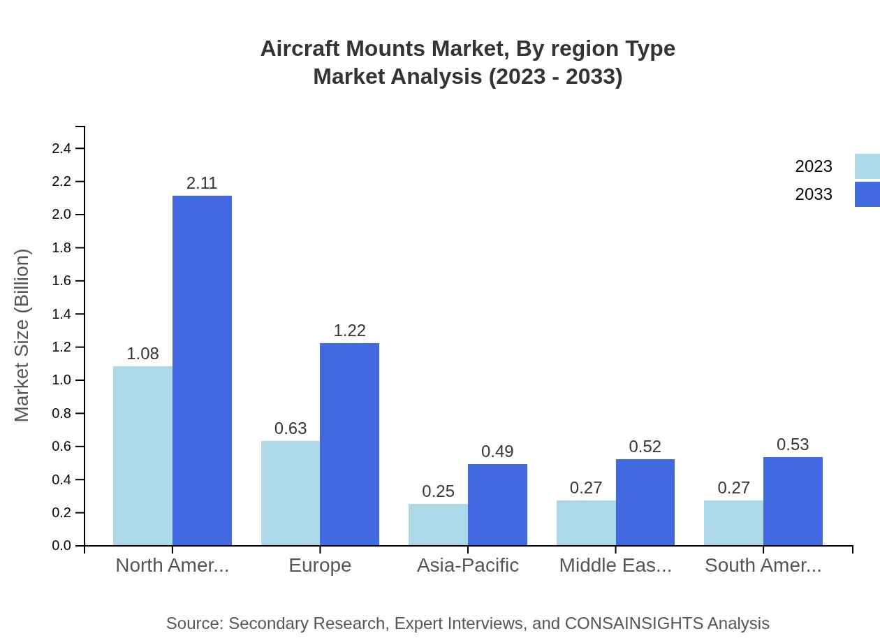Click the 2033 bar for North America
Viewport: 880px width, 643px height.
pos(202,370)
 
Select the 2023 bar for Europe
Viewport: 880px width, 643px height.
pos(291,493)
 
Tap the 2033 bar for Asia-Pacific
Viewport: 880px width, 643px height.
pos(497,505)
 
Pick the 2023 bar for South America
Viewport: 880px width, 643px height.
pos(733,523)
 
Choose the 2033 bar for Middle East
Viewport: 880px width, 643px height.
pos(645,502)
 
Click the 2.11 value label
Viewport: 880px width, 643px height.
pos(202,183)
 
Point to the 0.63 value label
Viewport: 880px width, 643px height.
pos(291,428)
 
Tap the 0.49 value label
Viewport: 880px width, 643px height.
pos(497,451)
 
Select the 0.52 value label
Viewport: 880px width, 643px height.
pos(645,447)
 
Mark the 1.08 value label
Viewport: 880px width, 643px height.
pos(142,354)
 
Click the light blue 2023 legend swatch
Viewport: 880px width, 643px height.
pos(867,166)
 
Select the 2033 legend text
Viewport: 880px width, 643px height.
pos(814,194)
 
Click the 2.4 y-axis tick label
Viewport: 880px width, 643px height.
pos(62,148)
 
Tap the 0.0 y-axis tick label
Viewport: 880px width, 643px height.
pos(62,546)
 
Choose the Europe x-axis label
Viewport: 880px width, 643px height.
pos(320,565)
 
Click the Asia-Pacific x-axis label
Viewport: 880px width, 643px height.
pos(468,565)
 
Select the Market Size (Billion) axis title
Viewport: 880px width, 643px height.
pos(22,335)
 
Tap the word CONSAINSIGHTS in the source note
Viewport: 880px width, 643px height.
pos(633,623)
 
